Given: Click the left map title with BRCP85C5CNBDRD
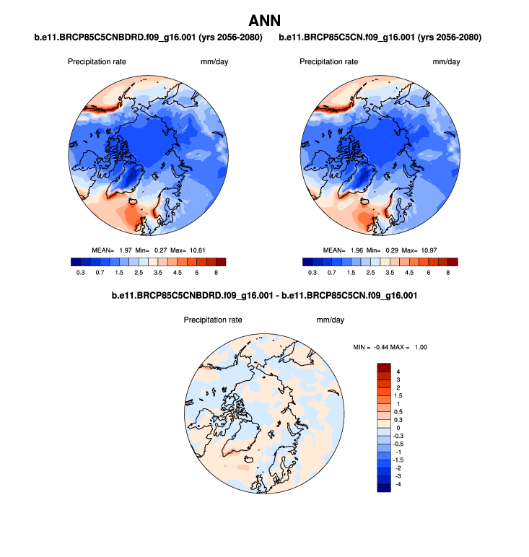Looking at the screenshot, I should pyautogui.click(x=148, y=37).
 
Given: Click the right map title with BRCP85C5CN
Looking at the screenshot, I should pyautogui.click(x=380, y=37).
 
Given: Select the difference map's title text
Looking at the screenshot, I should pyautogui.click(x=264, y=296).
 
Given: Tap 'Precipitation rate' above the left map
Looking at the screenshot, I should pyautogui.click(x=97, y=61).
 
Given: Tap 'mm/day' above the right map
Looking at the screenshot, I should pyautogui.click(x=446, y=61).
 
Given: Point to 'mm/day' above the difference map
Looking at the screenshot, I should pyautogui.click(x=330, y=319).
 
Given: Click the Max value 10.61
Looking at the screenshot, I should pyautogui.click(x=197, y=250).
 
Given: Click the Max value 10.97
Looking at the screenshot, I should pyautogui.click(x=429, y=250).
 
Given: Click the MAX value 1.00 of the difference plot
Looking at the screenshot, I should pyautogui.click(x=421, y=348).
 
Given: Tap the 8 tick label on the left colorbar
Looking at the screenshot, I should pyautogui.click(x=216, y=273).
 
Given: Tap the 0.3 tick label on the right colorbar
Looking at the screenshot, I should pyautogui.click(x=312, y=273).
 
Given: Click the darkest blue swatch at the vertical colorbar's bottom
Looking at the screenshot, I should pyautogui.click(x=383, y=488).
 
